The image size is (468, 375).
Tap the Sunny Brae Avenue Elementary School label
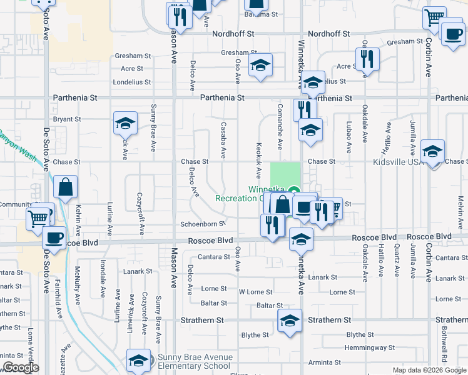coord(195,362)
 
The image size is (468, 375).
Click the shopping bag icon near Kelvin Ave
coord(66,187)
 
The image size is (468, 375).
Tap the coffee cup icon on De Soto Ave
coord(54,238)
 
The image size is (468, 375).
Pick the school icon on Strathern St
coord(290,321)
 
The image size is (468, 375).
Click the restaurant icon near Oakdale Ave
coord(367,58)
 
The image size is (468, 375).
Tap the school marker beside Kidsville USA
coord(433,151)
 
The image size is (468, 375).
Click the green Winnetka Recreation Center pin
coord(296,191)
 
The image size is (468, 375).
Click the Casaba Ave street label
coord(223,140)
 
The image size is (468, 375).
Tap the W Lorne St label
coord(255,292)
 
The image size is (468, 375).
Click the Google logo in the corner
coord(21,367)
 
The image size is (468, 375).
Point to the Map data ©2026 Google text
coord(429,370)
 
